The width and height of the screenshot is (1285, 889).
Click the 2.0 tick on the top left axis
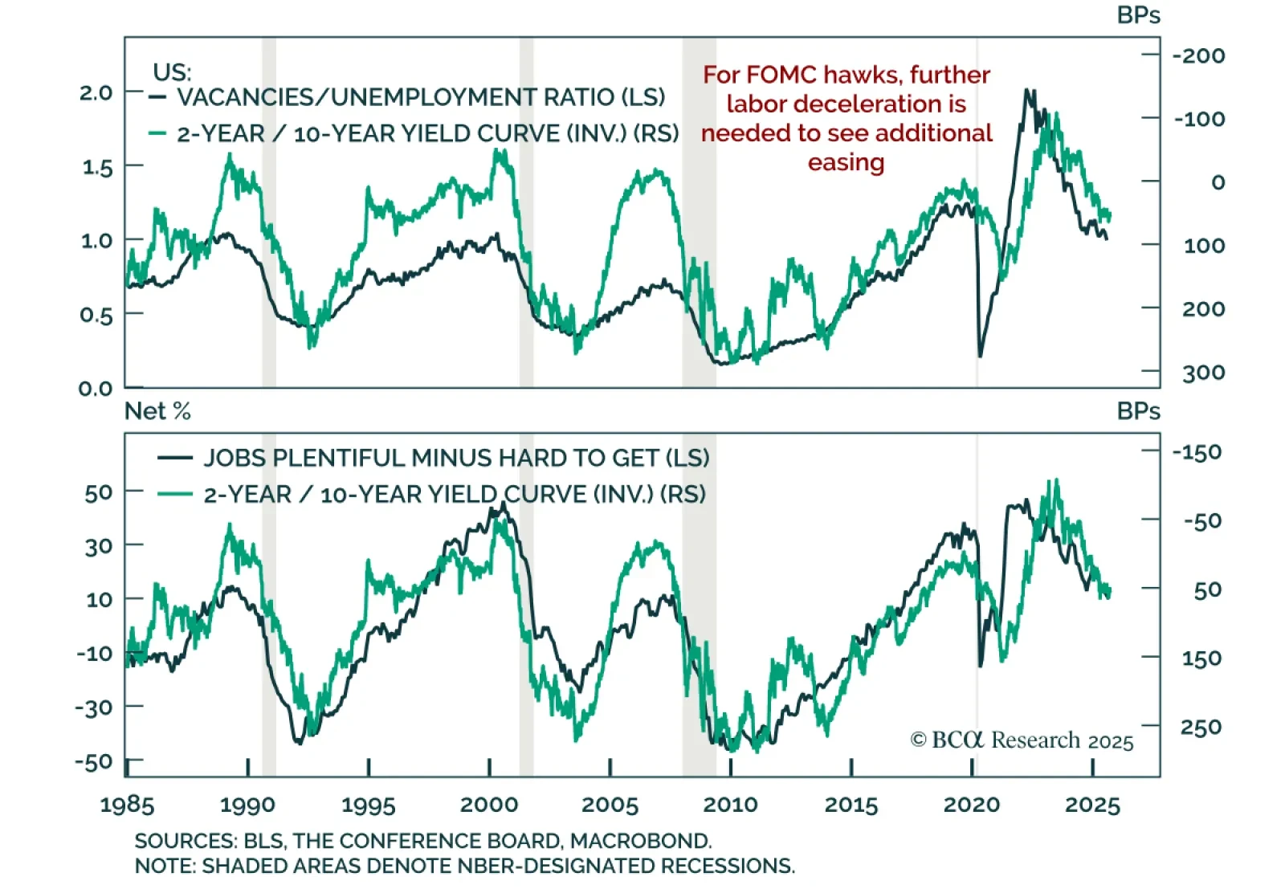[x=96, y=92]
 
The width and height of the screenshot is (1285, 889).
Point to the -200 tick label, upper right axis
[x=1199, y=55]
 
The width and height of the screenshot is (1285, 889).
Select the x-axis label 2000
[x=489, y=805]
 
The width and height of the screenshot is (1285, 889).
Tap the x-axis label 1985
[x=127, y=805]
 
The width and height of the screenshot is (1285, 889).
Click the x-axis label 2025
[x=1092, y=805]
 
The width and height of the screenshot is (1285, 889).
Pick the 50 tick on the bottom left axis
[x=99, y=492]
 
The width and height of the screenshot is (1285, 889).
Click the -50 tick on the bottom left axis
[x=93, y=761]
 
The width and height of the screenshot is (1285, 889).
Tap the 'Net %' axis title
[x=157, y=411]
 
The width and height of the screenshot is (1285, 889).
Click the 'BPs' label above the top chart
[x=1138, y=15]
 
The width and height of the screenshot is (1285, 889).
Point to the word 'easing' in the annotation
[x=846, y=162]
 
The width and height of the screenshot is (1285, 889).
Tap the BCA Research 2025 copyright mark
[x=1022, y=740]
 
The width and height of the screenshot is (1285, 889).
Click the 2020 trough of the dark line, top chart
[x=980, y=356]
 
